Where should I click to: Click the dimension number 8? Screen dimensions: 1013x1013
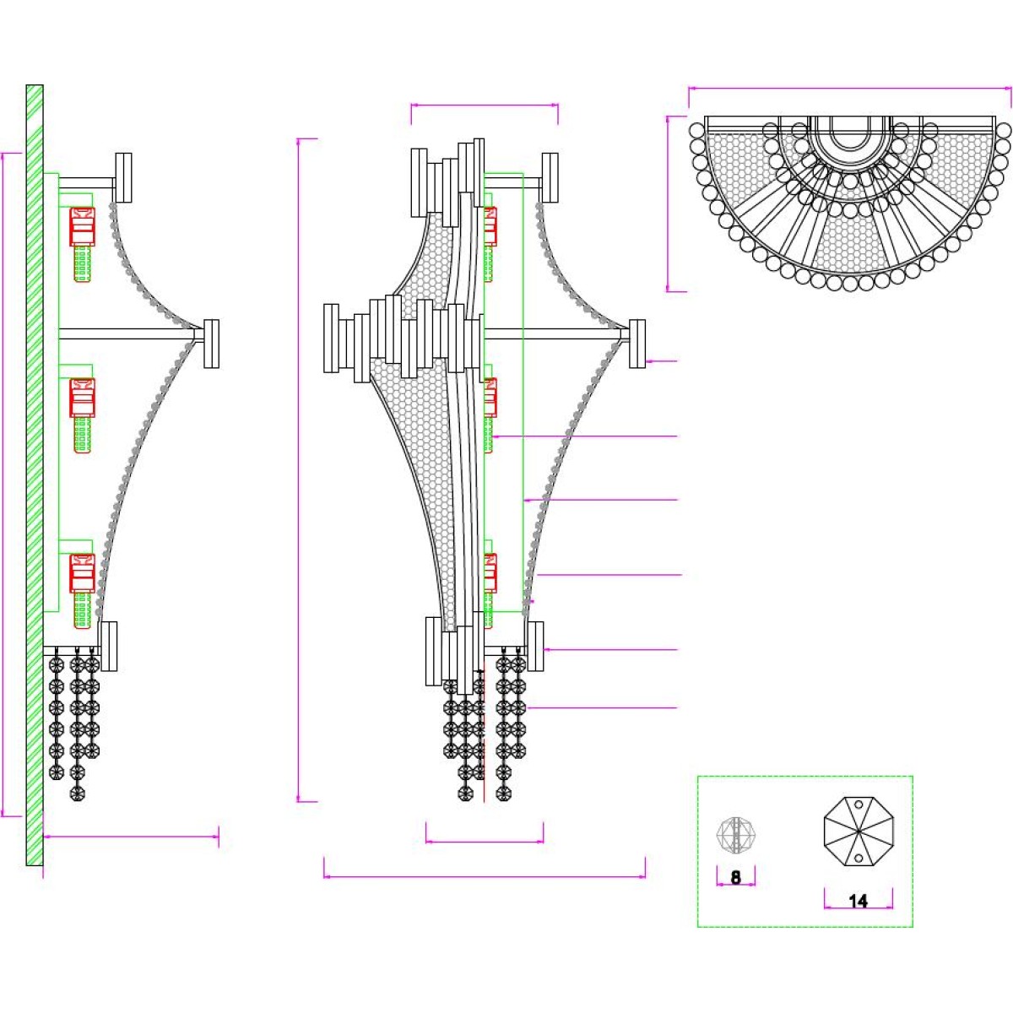[735, 877]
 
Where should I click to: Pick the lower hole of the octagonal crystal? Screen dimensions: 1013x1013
[859, 859]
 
